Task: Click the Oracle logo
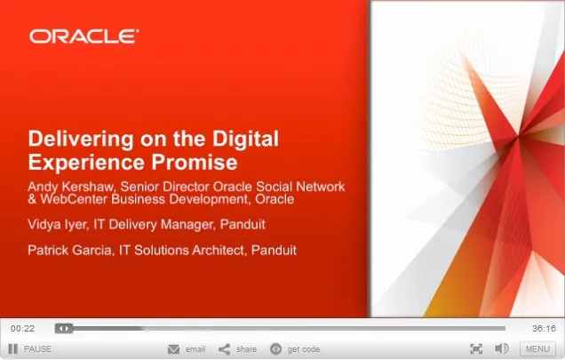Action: (84, 36)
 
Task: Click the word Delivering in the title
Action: (81, 140)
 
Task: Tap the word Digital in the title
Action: (245, 140)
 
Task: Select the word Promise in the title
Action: (195, 162)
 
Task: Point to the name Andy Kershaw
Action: (71, 187)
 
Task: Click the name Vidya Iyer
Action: (57, 225)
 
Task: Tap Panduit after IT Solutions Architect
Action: (274, 250)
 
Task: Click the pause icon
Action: (13, 348)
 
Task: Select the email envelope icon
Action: (174, 349)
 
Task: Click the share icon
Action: (224, 349)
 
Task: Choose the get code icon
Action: (275, 348)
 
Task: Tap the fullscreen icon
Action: (476, 348)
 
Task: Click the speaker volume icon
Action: (502, 348)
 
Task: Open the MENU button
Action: (537, 348)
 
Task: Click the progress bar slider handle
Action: (64, 328)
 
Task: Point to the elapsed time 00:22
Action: (23, 328)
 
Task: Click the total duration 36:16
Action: (544, 328)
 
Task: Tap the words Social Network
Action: (300, 187)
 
